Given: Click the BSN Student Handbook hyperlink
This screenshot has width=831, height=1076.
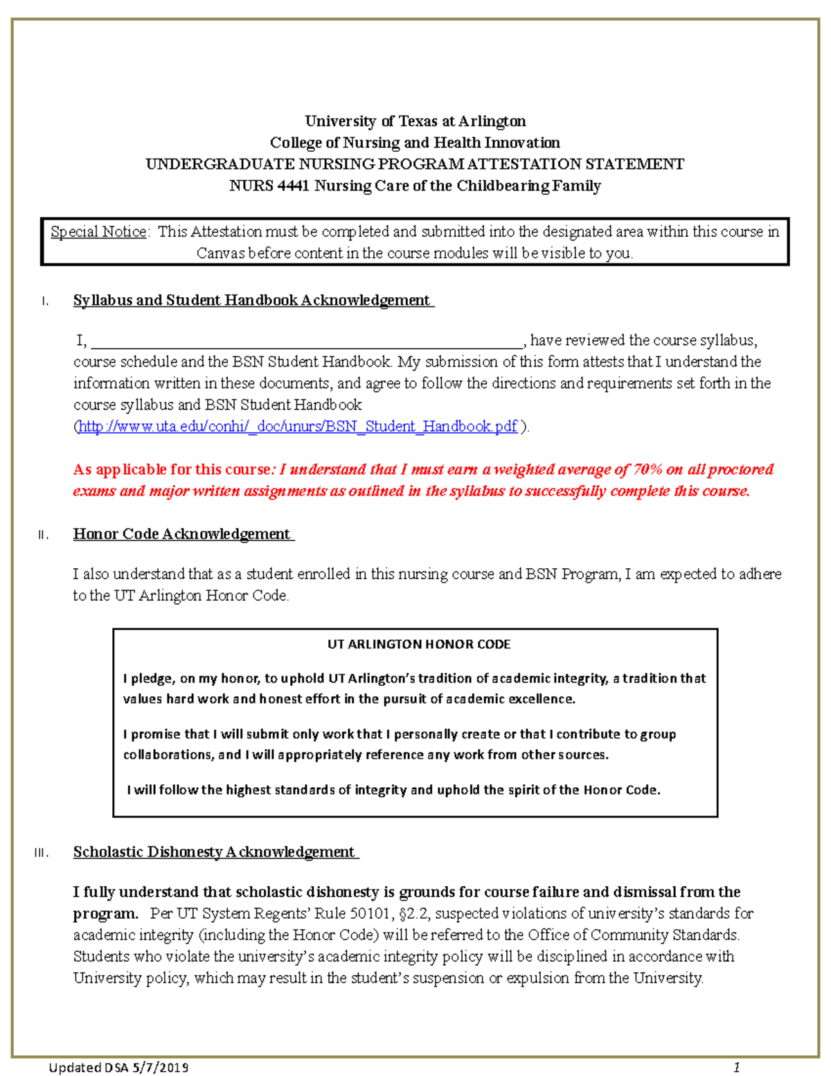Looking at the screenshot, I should [298, 426].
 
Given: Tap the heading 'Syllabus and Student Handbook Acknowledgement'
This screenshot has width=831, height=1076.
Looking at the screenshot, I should [253, 300].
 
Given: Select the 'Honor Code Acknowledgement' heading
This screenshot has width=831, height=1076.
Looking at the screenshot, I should [183, 533].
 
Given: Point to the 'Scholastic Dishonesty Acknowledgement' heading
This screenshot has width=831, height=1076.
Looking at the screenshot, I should [215, 852].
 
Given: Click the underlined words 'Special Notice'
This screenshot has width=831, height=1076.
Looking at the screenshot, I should [98, 231].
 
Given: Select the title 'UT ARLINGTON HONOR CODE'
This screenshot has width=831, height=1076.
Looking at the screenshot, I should [418, 644].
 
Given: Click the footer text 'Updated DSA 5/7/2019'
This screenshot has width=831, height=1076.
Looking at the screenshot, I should [118, 1067].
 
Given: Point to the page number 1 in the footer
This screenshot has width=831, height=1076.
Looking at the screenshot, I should [737, 1066].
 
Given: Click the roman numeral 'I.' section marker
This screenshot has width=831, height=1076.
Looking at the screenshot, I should [44, 301].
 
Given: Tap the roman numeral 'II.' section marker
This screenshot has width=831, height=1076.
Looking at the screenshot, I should [43, 535].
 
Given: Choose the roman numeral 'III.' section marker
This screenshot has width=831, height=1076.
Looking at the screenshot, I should [42, 853].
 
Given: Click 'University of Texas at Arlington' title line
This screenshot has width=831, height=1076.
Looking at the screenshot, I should [415, 121].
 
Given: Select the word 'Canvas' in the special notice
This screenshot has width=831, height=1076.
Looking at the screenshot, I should [220, 253].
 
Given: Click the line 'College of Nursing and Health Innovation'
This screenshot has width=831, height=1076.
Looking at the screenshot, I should [415, 143].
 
